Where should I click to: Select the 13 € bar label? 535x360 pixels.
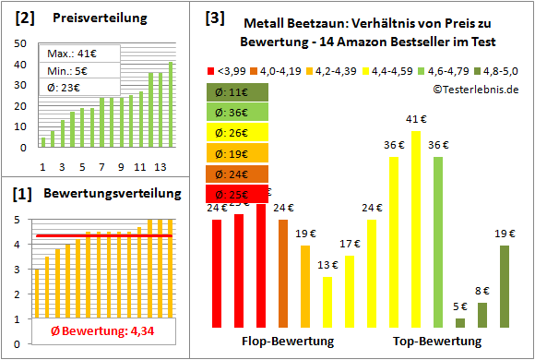coord(327,264)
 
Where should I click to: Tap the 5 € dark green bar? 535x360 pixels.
coord(460,322)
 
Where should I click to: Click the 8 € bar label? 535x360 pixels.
coord(482,291)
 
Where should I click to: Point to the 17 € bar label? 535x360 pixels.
coord(350,244)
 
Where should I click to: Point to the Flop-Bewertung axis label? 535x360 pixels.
coord(288,342)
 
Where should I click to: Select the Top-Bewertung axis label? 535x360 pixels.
coord(437,342)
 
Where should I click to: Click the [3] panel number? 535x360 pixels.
coord(214,17)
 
